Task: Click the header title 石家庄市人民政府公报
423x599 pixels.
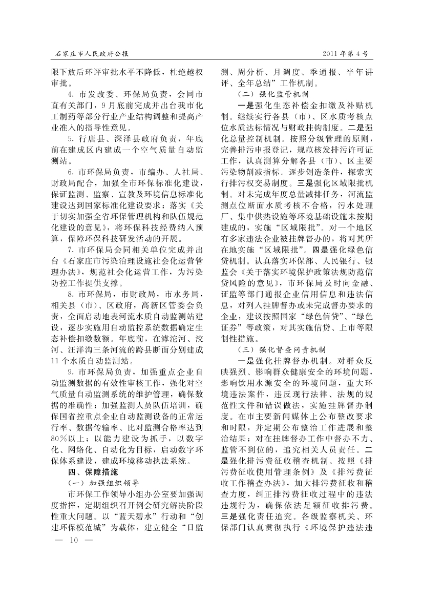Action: [91, 53]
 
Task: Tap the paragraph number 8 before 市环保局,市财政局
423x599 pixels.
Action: [71, 294]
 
